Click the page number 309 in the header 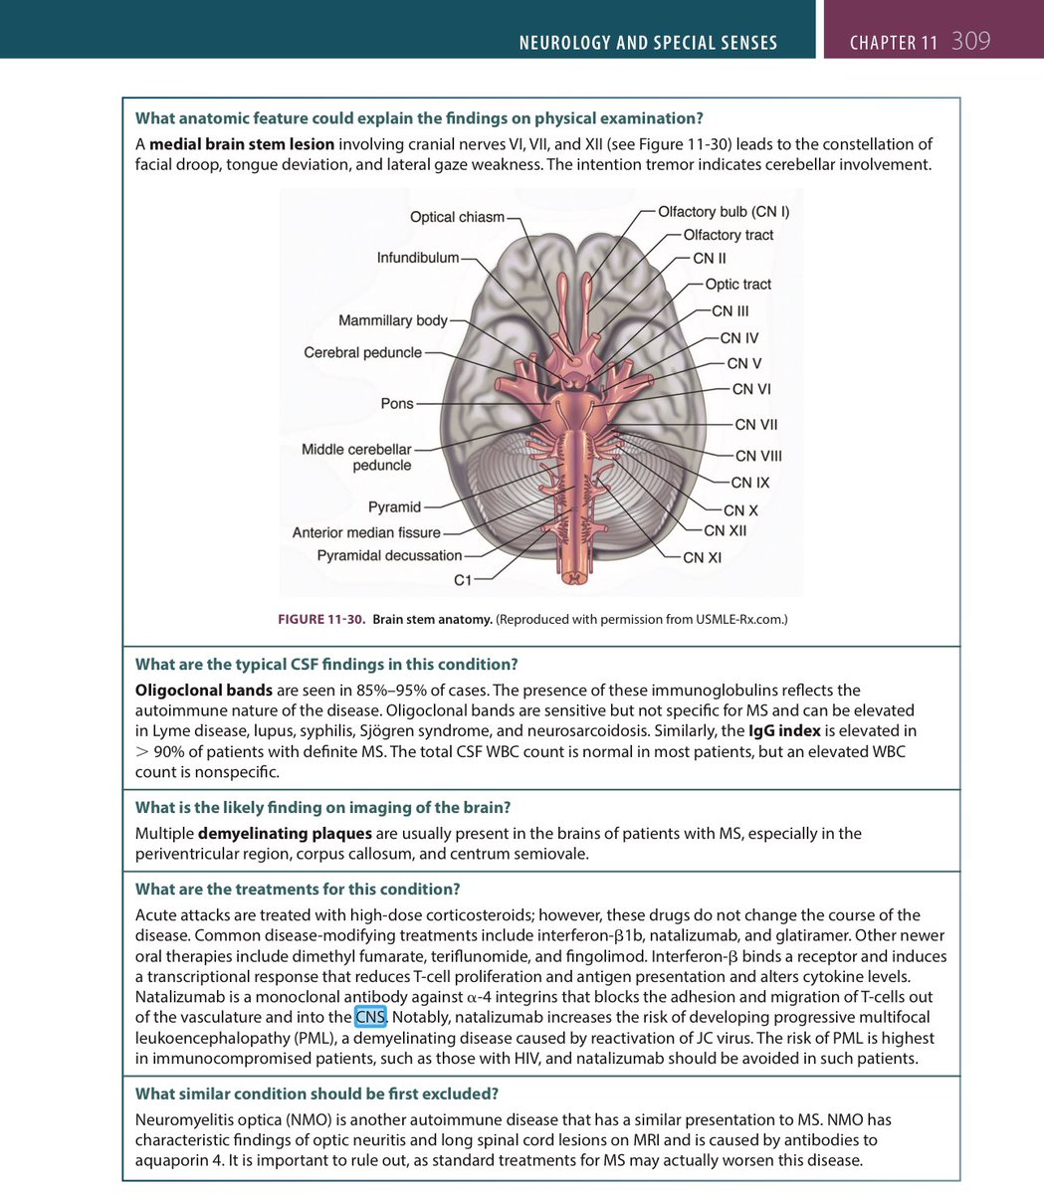click(x=970, y=42)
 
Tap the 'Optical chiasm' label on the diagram click(x=457, y=217)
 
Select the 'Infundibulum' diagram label click(x=418, y=258)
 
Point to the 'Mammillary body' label click(x=393, y=320)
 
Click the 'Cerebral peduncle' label click(x=362, y=353)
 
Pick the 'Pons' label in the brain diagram click(x=397, y=404)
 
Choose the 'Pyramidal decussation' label click(x=389, y=555)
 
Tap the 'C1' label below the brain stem click(x=463, y=579)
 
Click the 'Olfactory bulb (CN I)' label click(x=724, y=212)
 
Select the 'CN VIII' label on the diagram click(x=758, y=457)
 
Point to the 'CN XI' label click(x=702, y=557)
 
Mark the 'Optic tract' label click(x=737, y=285)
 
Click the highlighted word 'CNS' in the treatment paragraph click(x=370, y=1017)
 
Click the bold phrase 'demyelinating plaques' click(x=285, y=833)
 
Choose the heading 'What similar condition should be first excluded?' click(x=316, y=1094)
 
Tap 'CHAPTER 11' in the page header click(x=893, y=43)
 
